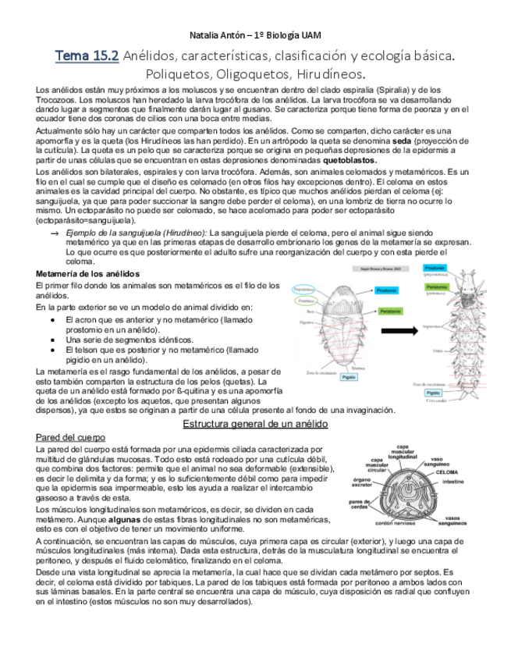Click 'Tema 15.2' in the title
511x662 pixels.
87,56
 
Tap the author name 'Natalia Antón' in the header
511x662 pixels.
216,36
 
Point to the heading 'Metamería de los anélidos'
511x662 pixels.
88,274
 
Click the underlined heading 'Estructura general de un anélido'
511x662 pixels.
254,424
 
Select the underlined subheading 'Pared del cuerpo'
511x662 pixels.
71,437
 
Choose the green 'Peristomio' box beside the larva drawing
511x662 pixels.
385,310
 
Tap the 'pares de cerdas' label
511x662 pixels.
360,504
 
